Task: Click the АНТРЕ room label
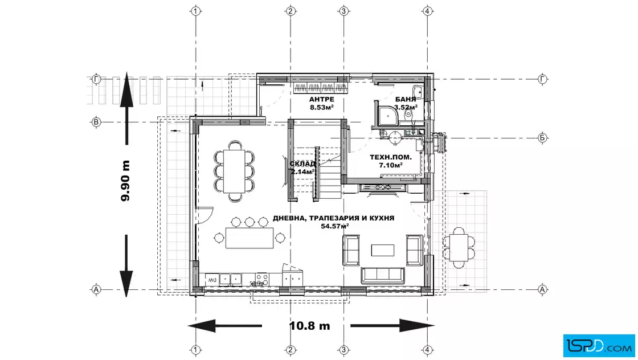pos(321,99)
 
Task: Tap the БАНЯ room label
pos(406,99)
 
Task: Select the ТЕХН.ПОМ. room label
pos(391,157)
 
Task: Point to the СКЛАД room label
pos(302,164)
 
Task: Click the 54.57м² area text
pos(334,226)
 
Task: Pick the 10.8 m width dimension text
pos(310,326)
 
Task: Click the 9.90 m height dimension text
pos(125,181)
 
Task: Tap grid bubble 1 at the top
pos(196,11)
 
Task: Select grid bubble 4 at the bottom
pos(427,350)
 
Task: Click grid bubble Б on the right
pos(542,138)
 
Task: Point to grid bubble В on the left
pos(96,122)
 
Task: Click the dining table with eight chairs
pos(235,171)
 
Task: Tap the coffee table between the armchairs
pos(382,249)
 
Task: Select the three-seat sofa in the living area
pos(383,275)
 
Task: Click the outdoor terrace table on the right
pos(459,248)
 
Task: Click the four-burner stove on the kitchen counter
pos(262,279)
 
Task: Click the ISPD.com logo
pos(599,346)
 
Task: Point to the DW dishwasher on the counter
pos(212,280)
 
